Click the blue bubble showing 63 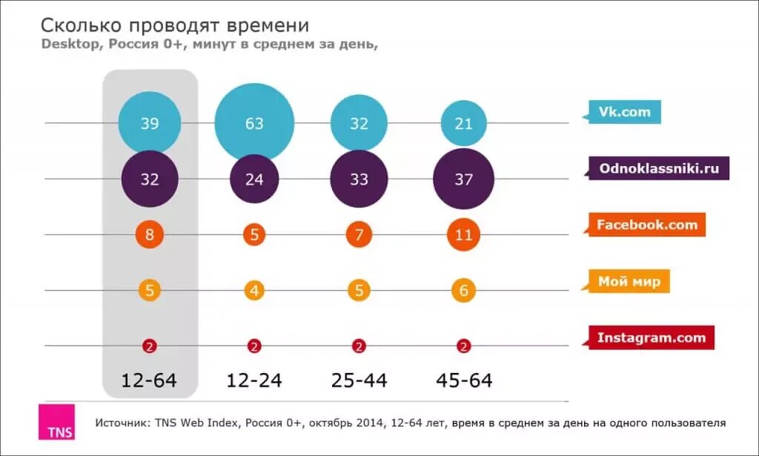(x=254, y=123)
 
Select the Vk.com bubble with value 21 (x=463, y=123)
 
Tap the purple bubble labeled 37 (x=463, y=179)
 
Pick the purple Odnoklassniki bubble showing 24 (x=254, y=179)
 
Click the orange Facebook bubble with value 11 (x=463, y=235)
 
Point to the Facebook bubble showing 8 (x=150, y=235)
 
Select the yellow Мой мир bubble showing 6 (x=463, y=290)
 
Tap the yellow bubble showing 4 (x=254, y=290)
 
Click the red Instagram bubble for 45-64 (x=463, y=346)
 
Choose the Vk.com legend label (x=624, y=113)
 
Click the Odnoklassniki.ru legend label (x=659, y=168)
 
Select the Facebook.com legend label (x=647, y=224)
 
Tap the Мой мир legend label (x=629, y=281)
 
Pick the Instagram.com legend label (x=651, y=337)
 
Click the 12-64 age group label (x=150, y=380)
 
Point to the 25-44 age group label (x=359, y=380)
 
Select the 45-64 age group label (x=463, y=380)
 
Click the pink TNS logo (x=56, y=423)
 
